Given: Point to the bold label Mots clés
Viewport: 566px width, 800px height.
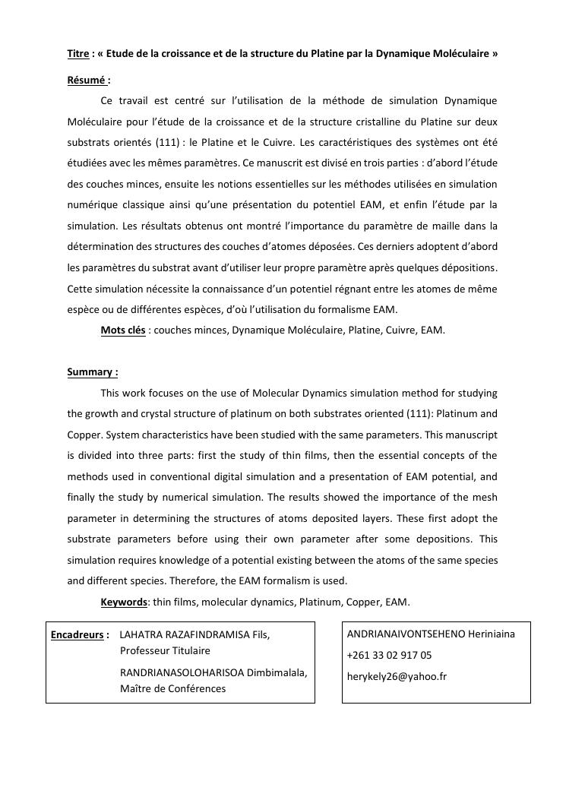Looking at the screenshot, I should point(122,330).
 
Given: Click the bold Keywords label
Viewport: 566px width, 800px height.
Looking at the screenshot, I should point(124,602).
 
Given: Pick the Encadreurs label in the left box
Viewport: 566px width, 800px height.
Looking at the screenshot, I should point(76,634).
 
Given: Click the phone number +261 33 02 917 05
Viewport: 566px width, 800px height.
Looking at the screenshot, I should point(388,655).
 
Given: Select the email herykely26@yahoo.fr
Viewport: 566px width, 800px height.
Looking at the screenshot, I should point(397,676).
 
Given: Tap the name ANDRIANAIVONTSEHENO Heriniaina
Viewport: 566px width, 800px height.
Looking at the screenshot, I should point(430,634).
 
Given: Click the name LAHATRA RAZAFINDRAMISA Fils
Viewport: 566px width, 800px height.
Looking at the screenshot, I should point(194,634).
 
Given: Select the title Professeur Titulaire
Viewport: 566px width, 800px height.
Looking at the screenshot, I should point(165,651).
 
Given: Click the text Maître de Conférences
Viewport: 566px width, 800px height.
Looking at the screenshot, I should point(172,689).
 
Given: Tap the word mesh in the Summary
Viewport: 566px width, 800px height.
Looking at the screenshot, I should point(484,498).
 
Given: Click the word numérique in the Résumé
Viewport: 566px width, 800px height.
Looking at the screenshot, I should point(92,204).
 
